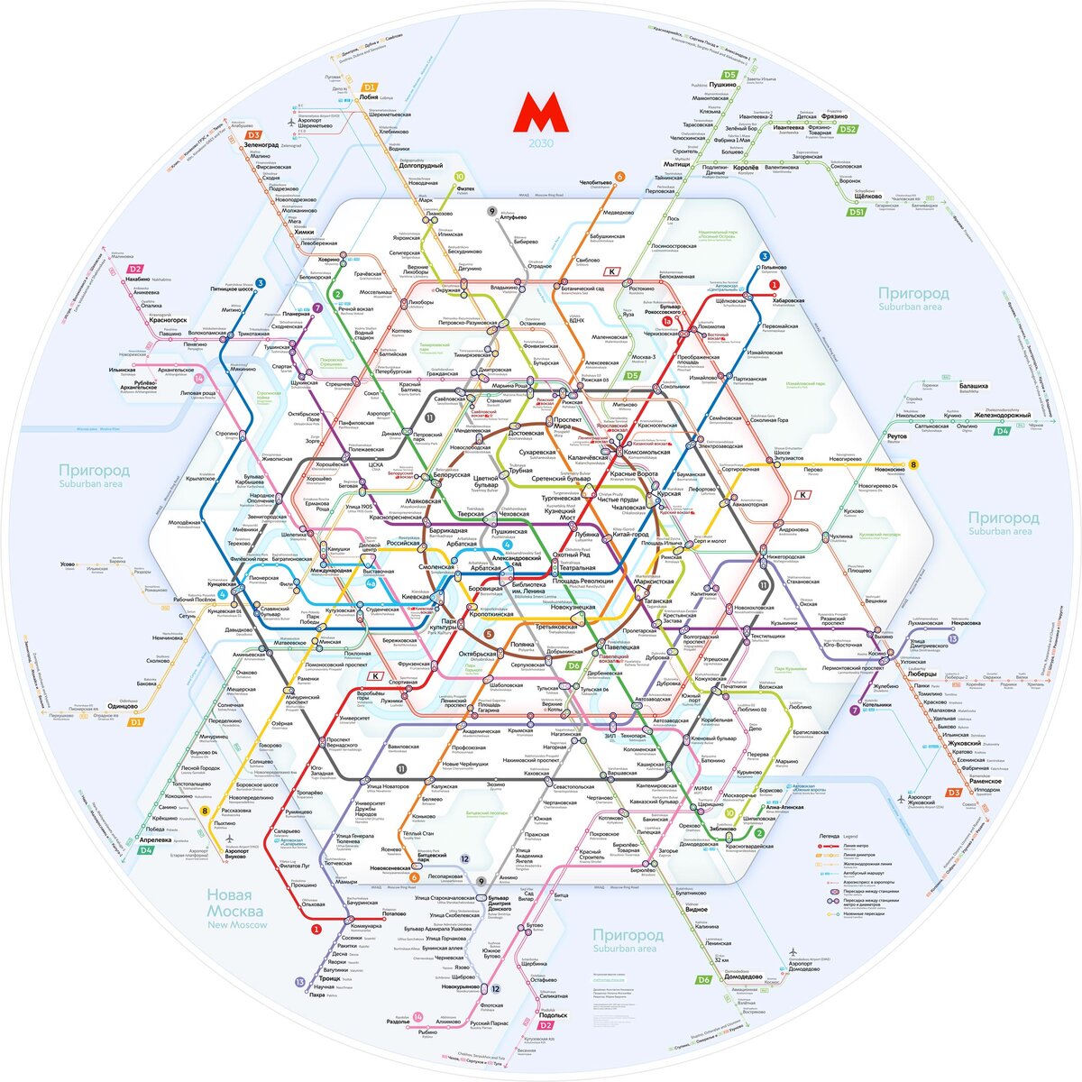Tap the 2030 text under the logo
point(541,143)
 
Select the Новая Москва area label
point(235,903)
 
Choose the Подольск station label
point(553,1015)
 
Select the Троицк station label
point(328,978)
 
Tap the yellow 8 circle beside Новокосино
point(913,465)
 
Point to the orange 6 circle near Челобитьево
point(619,177)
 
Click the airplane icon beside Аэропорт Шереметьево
point(290,121)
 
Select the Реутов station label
point(896,436)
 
